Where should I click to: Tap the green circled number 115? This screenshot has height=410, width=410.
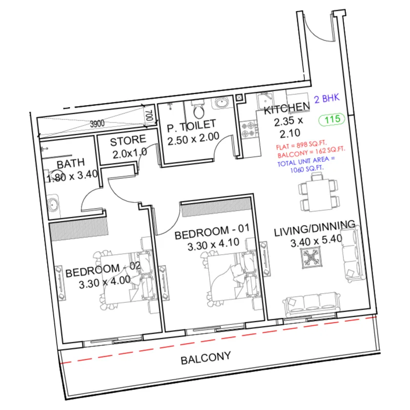click(x=332, y=120)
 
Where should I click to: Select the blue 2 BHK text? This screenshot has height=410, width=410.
click(x=326, y=99)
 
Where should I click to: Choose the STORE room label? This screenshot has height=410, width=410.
click(x=128, y=140)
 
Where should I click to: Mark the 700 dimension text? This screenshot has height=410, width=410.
click(x=148, y=114)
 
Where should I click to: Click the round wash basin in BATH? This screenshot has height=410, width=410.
click(x=53, y=206)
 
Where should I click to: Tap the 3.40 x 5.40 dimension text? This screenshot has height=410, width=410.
click(x=315, y=240)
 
